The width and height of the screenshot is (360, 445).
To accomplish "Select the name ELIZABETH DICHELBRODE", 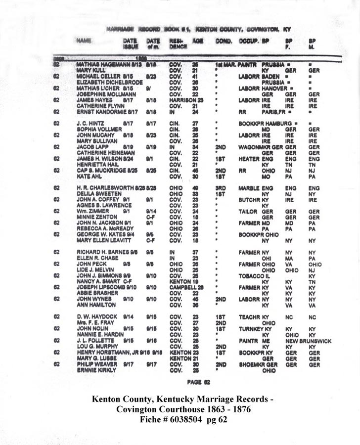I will [x=102, y=82].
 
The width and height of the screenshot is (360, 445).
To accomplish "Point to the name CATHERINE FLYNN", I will [x=96, y=106].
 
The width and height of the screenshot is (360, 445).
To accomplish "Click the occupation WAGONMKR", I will [x=250, y=147].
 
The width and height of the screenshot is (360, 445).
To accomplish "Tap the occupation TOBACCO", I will [x=250, y=275].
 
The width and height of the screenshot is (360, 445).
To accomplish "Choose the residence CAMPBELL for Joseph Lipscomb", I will [x=182, y=287].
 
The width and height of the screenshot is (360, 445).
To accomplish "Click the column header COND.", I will [x=224, y=42].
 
